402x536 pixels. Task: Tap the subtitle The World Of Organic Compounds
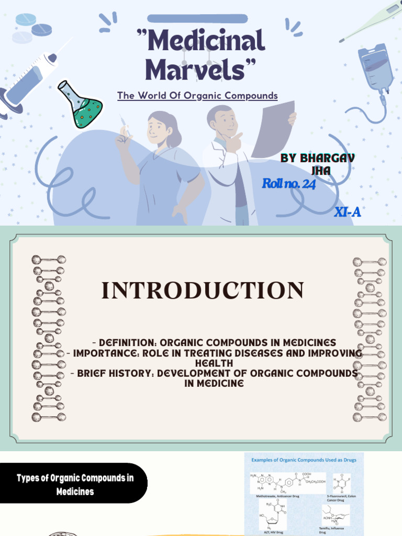(x=197, y=96)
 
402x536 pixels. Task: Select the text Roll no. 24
(x=288, y=184)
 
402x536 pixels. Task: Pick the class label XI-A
(x=348, y=212)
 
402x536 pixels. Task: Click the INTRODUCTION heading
(x=203, y=291)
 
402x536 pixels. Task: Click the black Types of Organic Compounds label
(x=75, y=485)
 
